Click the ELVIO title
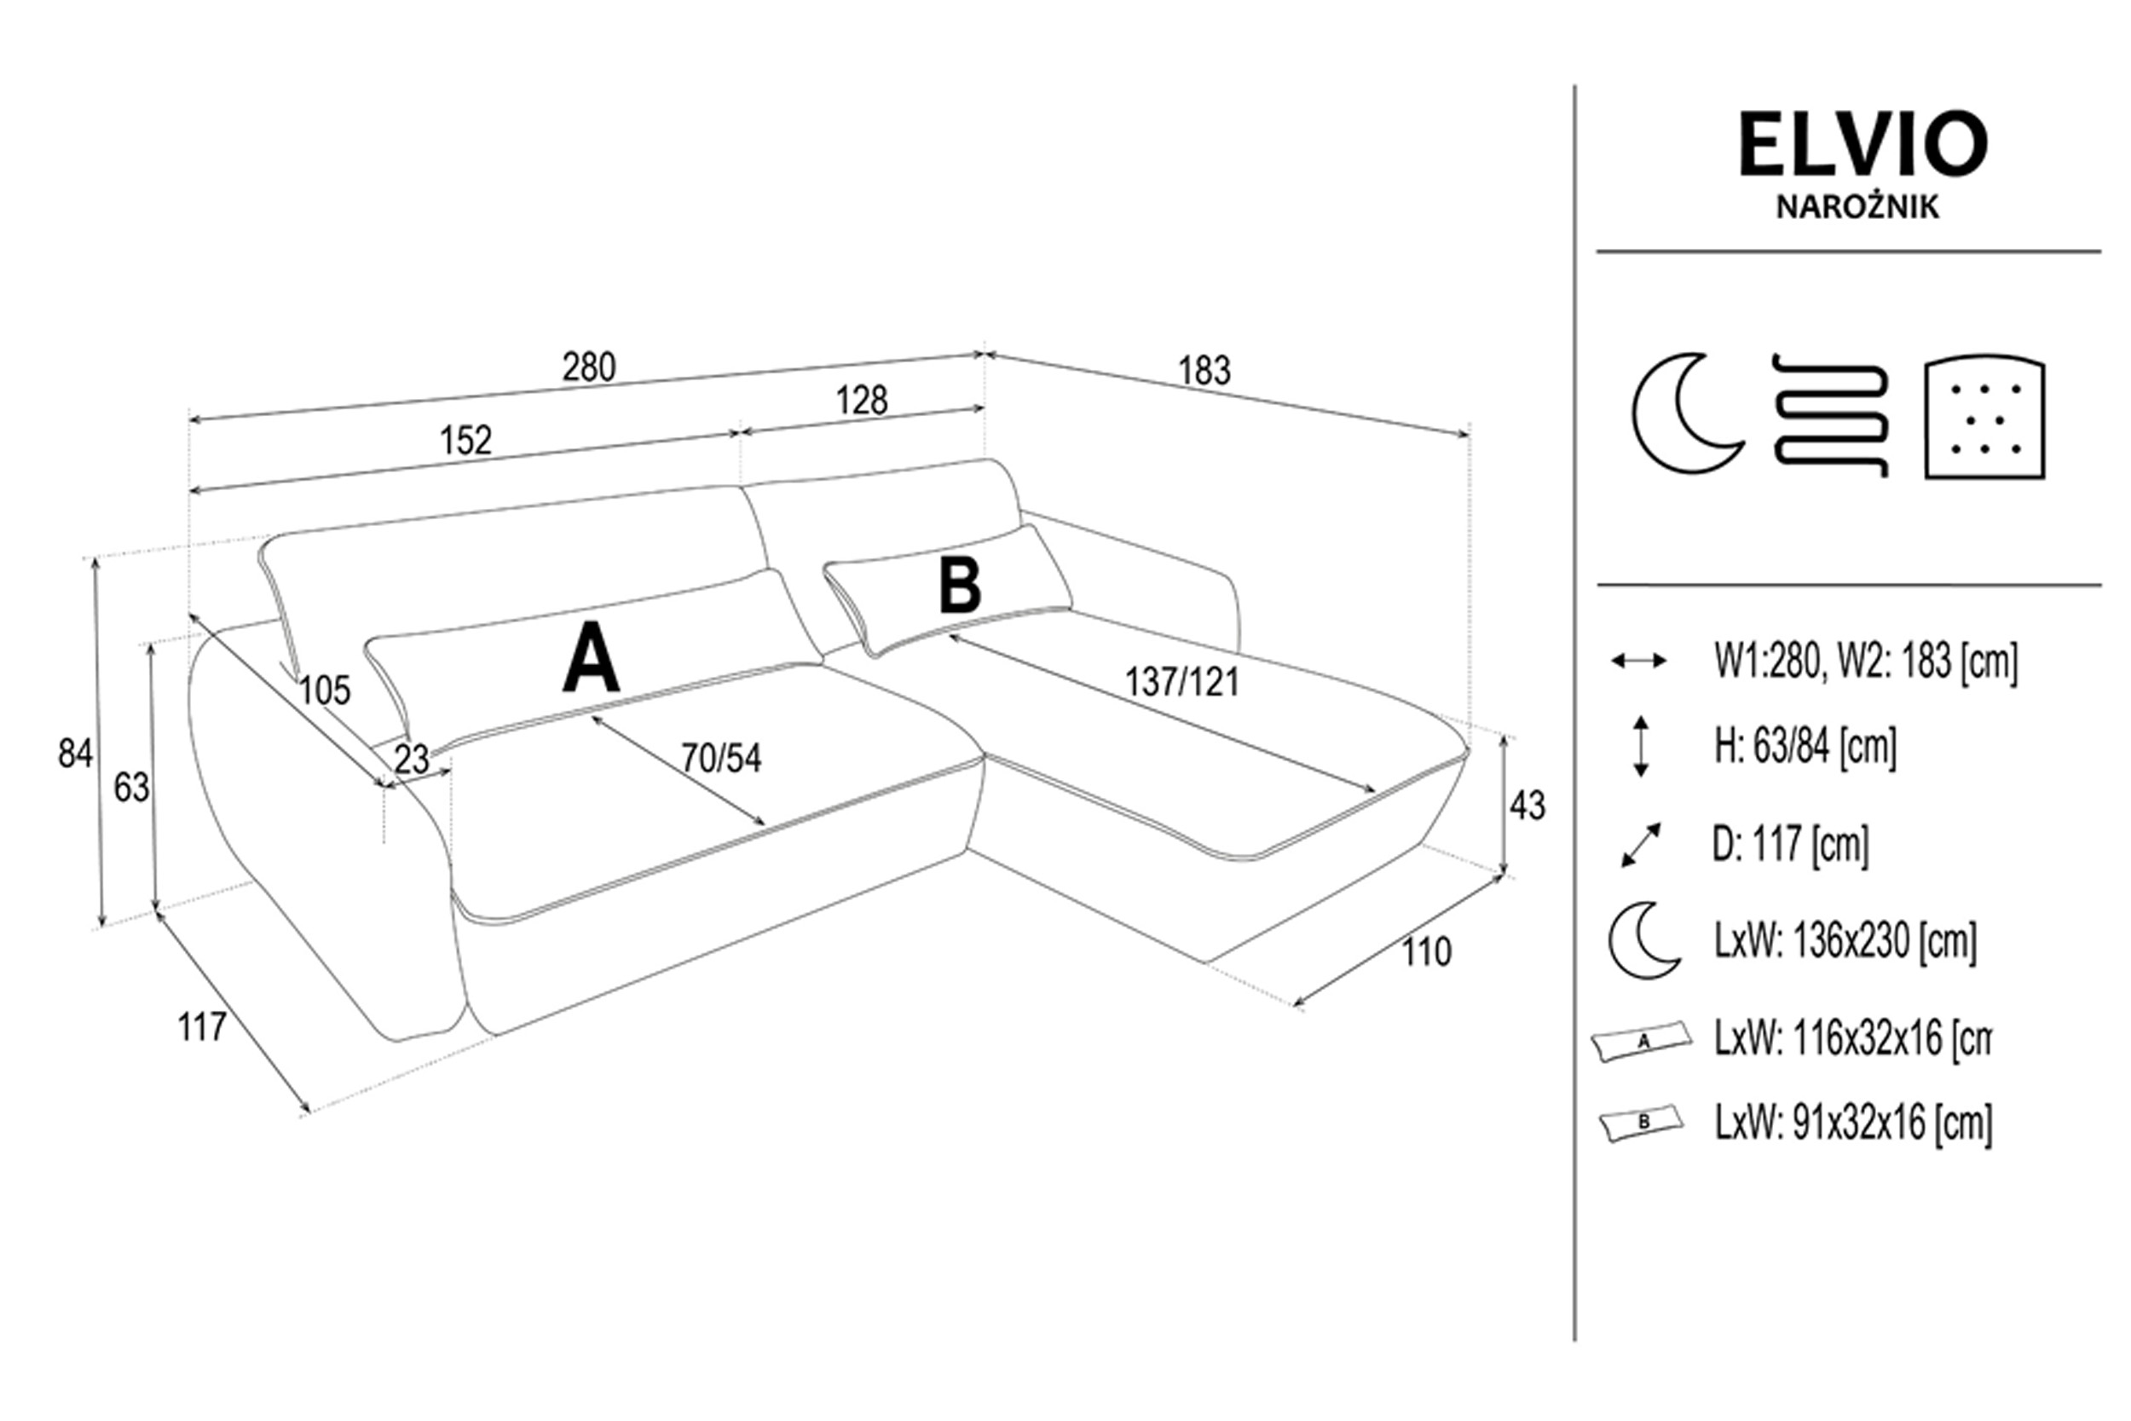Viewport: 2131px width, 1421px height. (x=1862, y=145)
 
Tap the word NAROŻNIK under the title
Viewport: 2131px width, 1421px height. (x=1857, y=207)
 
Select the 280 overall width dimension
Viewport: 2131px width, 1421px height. (x=589, y=367)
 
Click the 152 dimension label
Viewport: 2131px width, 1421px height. (x=465, y=441)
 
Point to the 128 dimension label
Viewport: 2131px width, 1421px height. (x=862, y=400)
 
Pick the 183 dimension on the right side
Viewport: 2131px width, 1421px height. (x=1204, y=371)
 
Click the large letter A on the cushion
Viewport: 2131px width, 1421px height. (x=591, y=658)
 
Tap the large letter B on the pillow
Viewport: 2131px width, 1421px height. (x=960, y=586)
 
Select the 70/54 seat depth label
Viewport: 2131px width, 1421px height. (x=721, y=759)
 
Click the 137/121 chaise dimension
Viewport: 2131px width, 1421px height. (x=1182, y=683)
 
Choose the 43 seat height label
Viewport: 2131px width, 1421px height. (x=1527, y=806)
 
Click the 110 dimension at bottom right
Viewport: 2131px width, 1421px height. (x=1427, y=952)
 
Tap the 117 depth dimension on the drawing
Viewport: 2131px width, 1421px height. (x=201, y=1028)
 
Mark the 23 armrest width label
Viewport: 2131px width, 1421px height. (x=412, y=760)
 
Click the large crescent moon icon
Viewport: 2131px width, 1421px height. (x=1686, y=413)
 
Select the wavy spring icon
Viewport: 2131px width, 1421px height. (x=1831, y=414)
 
